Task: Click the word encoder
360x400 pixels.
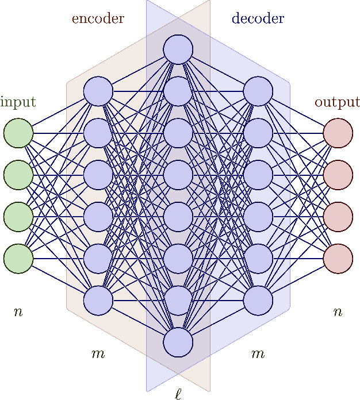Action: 98,18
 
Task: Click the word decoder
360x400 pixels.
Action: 258,18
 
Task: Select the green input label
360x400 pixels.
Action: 18,103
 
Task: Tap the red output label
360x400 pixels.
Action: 337,103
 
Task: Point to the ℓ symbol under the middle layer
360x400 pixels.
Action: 178,393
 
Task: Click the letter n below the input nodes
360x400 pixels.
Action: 18,313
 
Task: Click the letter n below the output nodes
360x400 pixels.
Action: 338,313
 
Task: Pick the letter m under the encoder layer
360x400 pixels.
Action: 98,354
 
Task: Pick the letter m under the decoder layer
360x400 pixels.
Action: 258,354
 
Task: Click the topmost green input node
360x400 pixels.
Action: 18,133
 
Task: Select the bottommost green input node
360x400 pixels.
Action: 18,259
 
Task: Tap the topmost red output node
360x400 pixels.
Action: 338,133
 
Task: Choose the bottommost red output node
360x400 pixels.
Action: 338,259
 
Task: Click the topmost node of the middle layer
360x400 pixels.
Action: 178,49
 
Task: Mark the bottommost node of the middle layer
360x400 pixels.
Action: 178,343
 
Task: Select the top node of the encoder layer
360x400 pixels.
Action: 98,91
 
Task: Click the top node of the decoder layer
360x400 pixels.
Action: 258,91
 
